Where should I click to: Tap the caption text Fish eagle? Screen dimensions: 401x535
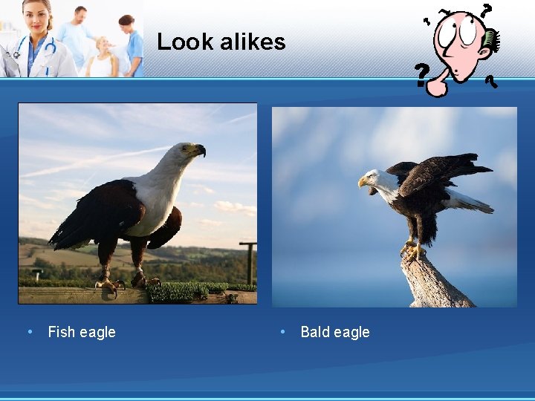[x=82, y=332]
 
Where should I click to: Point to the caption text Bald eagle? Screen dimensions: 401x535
[x=334, y=332]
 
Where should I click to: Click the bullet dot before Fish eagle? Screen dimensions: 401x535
[x=29, y=331]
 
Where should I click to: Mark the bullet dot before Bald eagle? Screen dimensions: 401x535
[x=282, y=331]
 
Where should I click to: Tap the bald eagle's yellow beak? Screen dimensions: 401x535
[x=363, y=180]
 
